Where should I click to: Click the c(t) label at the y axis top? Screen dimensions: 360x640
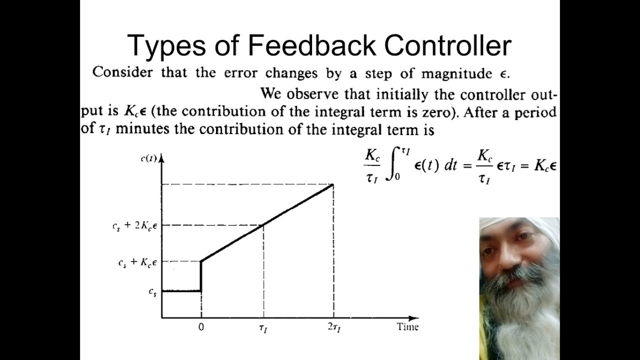(x=148, y=158)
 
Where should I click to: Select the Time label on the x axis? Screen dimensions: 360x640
(x=407, y=327)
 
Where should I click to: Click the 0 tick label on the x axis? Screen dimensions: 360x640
(x=201, y=327)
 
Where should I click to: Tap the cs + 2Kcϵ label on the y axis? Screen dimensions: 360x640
(x=134, y=225)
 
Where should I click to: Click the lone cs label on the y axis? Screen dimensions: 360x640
(x=152, y=292)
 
